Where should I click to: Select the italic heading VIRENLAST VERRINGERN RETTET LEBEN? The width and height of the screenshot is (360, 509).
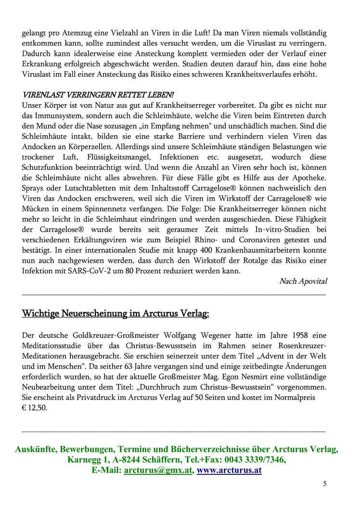98,95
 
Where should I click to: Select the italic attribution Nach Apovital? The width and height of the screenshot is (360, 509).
303,281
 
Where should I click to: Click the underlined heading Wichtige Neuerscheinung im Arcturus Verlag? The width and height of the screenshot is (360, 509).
116,314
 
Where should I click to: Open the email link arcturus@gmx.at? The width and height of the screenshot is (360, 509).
157,471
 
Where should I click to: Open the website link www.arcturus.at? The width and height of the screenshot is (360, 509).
229,471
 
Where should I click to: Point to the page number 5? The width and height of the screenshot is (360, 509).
324,484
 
